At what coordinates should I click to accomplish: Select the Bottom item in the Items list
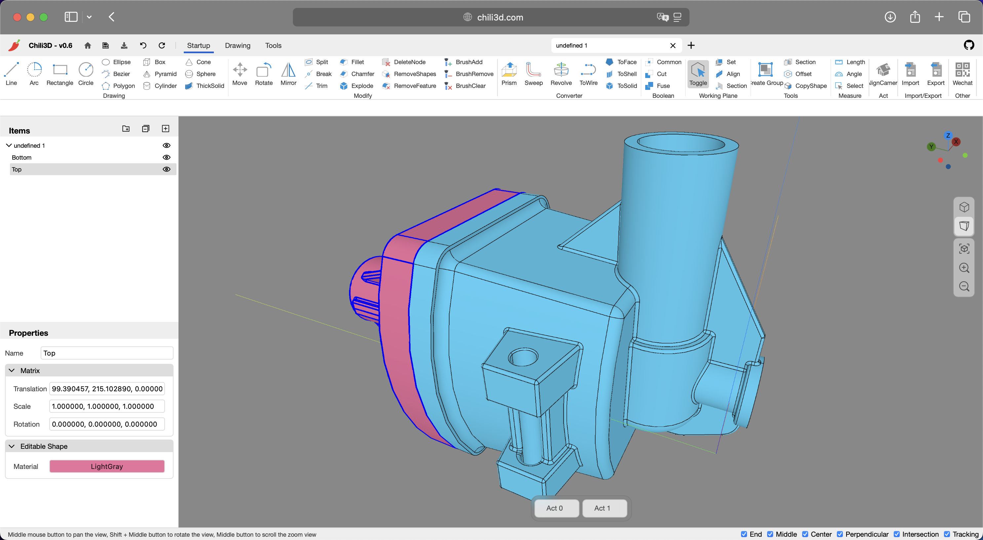(22, 157)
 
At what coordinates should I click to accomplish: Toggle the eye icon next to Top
(166, 169)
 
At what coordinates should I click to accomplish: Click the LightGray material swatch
(107, 466)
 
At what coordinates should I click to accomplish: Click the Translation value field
(107, 389)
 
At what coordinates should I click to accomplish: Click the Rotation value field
(107, 424)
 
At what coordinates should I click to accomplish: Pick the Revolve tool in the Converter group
(561, 74)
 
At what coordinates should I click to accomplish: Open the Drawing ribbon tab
(237, 45)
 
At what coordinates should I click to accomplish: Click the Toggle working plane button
(698, 74)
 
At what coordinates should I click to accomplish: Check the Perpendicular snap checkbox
(840, 534)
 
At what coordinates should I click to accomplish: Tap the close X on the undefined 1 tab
(673, 45)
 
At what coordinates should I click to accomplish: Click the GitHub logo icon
(968, 45)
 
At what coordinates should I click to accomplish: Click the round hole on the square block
(523, 357)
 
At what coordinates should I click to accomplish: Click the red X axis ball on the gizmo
(956, 141)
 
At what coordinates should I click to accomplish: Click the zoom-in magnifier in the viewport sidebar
(964, 267)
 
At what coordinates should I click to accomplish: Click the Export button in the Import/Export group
(936, 74)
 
